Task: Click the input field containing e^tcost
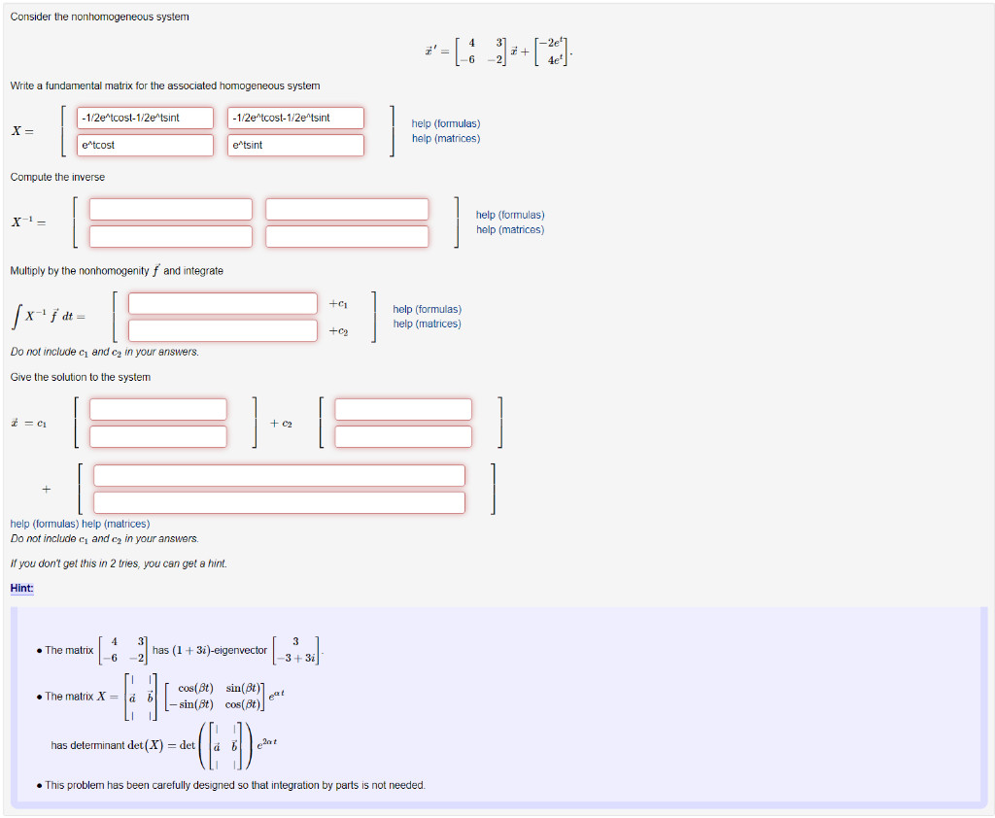146,145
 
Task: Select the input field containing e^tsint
296,145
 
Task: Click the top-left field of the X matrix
146,119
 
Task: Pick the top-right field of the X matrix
296,119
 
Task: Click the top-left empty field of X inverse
171,210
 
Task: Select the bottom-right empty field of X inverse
347,236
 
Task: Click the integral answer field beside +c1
223,304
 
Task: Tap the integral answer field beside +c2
223,330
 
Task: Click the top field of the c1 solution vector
158,410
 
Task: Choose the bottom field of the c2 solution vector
403,436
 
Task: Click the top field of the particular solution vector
279,476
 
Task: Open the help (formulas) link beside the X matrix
446,123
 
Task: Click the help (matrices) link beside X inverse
510,230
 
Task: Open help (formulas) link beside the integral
428,309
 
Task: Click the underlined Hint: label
21,588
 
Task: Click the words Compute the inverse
57,177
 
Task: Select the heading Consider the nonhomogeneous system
100,17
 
